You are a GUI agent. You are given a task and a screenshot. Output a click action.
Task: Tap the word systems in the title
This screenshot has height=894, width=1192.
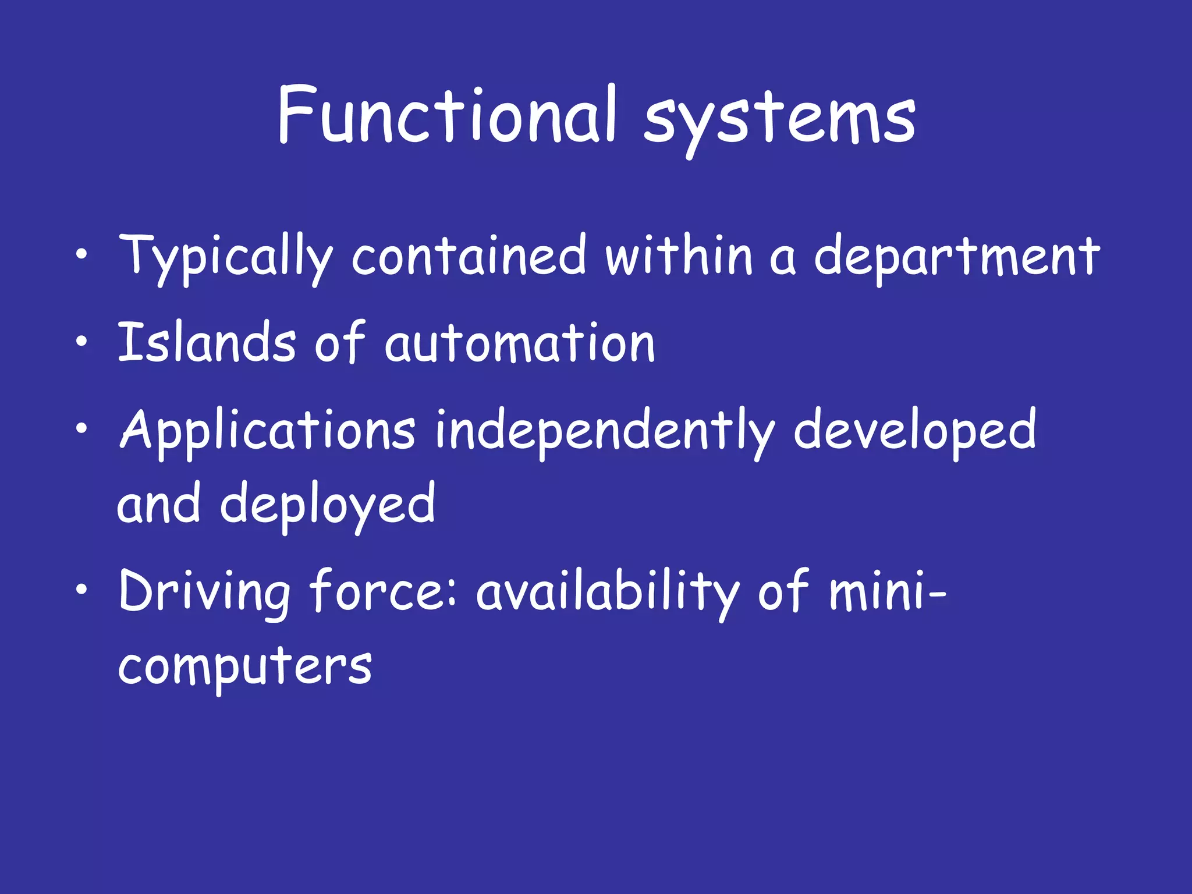(780, 119)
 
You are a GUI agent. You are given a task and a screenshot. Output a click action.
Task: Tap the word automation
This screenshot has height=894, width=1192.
(520, 343)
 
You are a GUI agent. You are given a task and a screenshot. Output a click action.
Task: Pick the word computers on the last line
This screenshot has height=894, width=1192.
(245, 666)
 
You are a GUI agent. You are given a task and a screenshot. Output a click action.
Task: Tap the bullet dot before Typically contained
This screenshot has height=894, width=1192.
(82, 254)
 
